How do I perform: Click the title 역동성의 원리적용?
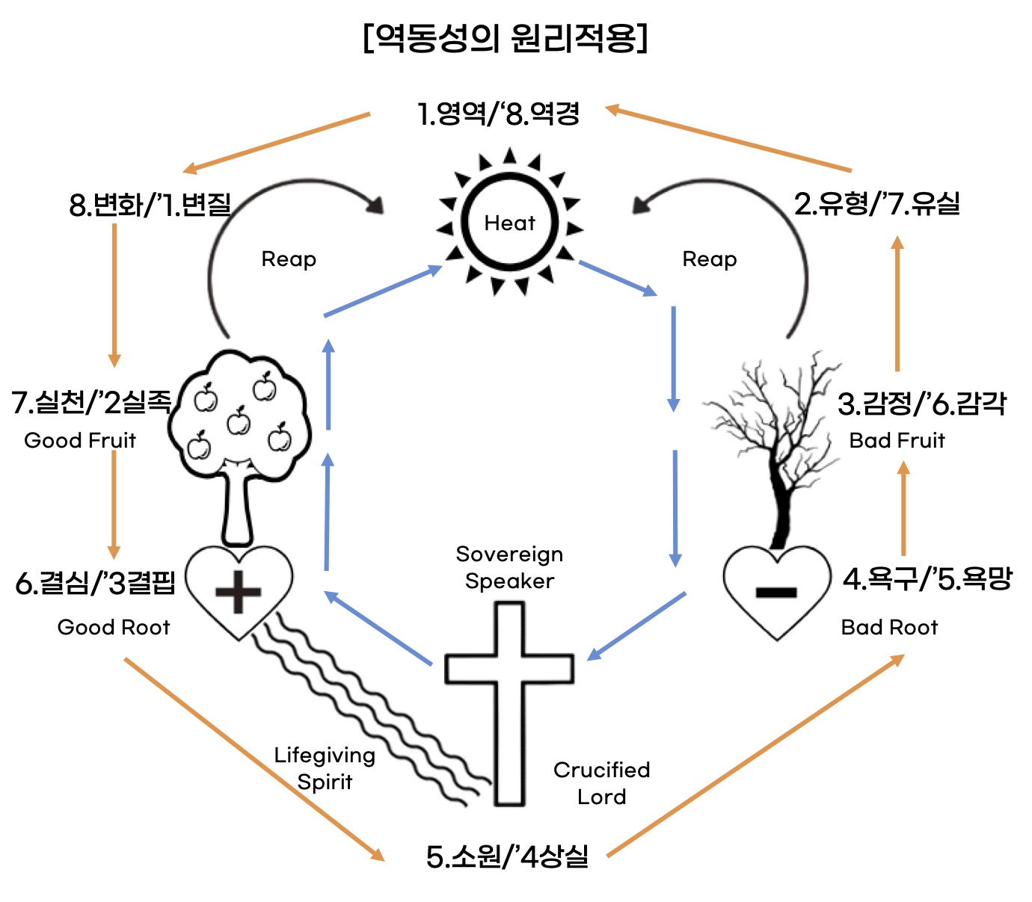[506, 37]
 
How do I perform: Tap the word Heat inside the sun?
[509, 223]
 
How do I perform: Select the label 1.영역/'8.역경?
[498, 114]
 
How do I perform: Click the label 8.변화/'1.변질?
[150, 204]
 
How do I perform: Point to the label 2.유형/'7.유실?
[876, 203]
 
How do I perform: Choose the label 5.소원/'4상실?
[507, 856]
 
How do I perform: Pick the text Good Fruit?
[80, 440]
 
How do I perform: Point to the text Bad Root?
[889, 627]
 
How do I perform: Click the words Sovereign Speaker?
[509, 567]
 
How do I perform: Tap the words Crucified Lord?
[601, 782]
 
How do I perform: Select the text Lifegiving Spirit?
[325, 768]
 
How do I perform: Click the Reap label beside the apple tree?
[289, 259]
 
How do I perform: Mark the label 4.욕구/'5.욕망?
[927, 579]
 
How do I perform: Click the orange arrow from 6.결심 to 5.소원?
[254, 759]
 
